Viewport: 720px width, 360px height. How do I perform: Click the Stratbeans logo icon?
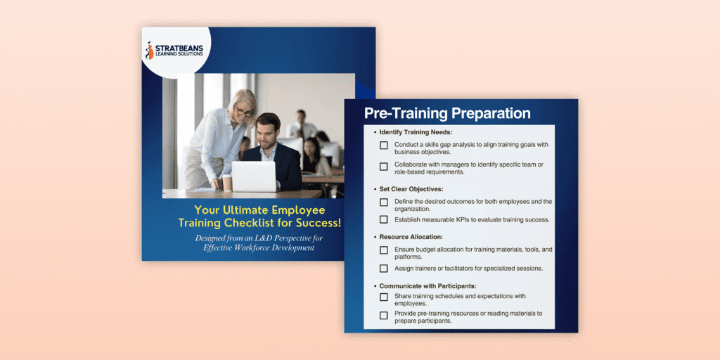[x=149, y=51]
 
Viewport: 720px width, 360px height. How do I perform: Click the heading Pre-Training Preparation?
[x=447, y=113]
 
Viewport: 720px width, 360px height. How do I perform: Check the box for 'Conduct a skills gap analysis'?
[x=383, y=146]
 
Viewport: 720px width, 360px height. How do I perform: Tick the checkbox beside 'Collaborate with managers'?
[x=383, y=167]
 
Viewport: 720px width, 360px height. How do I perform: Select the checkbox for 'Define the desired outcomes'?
[x=383, y=202]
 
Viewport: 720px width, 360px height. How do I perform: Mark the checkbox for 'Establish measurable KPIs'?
[x=383, y=219]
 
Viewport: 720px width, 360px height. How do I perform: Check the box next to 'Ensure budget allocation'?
[x=383, y=251]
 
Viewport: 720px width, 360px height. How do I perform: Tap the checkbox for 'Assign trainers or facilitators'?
[x=383, y=269]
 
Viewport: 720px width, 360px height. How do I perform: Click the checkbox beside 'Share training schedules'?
[x=383, y=297]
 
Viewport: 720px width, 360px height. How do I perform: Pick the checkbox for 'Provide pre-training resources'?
[x=383, y=316]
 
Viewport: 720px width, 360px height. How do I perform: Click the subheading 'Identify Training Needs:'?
[x=416, y=132]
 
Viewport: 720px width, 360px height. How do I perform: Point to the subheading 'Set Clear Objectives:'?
[x=411, y=188]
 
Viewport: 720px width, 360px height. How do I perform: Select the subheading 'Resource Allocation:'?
[x=410, y=237]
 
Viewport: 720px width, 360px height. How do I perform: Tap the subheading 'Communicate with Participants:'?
[x=428, y=286]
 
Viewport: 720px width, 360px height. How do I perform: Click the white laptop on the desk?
[x=253, y=176]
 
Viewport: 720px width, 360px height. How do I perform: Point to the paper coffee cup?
[x=227, y=182]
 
